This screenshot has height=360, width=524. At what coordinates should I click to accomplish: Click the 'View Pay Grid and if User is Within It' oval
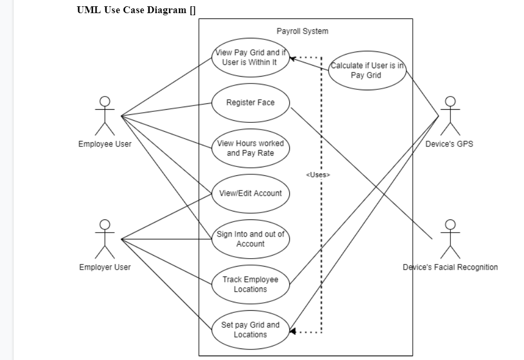[250, 57]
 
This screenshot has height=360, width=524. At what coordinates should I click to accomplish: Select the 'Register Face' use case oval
[250, 103]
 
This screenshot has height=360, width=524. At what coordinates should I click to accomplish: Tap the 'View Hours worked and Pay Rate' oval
[250, 148]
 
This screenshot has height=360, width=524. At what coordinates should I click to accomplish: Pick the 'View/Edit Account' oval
[250, 193]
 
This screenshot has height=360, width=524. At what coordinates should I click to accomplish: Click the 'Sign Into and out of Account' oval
[250, 239]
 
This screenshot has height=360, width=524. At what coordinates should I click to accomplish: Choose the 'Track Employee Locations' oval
[250, 284]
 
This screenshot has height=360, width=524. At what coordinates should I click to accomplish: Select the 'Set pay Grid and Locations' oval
[250, 330]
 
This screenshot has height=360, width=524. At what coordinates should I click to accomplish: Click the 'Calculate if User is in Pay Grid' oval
[366, 70]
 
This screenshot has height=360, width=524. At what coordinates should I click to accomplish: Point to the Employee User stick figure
[105, 115]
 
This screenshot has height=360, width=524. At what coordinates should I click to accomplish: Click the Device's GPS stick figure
[449, 115]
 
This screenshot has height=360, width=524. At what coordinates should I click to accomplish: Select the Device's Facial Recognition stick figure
[449, 239]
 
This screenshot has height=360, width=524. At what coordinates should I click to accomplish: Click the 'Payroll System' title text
[302, 31]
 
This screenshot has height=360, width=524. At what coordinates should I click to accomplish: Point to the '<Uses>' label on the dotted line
[318, 175]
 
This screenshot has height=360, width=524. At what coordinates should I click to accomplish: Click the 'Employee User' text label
[105, 144]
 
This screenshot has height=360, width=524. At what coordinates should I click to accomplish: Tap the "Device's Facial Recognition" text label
[450, 267]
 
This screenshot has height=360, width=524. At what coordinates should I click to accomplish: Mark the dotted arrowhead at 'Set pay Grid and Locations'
[293, 331]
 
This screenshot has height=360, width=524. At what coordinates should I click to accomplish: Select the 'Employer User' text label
[105, 267]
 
